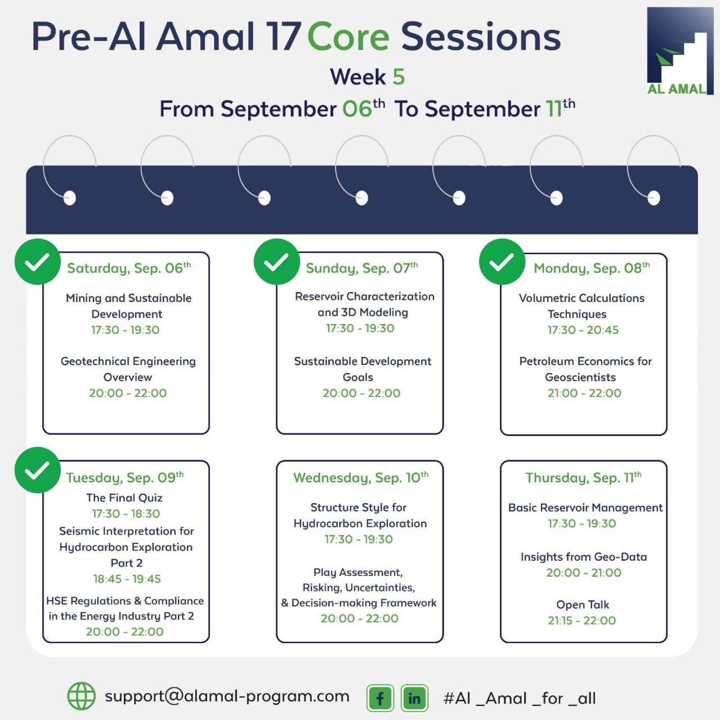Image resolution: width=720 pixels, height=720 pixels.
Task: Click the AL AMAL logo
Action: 679,51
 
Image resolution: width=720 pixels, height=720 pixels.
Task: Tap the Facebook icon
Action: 380,698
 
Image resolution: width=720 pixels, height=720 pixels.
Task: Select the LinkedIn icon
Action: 414,698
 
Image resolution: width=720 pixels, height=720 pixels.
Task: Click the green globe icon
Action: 81,696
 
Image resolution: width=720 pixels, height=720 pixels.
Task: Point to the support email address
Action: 227,696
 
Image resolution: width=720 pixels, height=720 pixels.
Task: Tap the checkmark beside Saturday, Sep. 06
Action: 37,262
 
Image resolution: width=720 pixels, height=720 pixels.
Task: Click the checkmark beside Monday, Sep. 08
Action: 502,262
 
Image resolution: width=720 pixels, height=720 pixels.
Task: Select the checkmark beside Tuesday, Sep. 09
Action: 37,470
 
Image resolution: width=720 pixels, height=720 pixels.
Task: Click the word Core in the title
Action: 348,37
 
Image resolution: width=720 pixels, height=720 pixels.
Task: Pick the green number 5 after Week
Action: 399,76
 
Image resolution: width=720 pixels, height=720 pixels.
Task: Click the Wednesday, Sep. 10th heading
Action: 360,478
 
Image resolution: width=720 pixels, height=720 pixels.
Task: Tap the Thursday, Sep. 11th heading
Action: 583,478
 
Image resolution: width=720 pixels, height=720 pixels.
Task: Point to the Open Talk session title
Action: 582,605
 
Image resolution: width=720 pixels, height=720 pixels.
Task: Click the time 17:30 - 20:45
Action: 583,330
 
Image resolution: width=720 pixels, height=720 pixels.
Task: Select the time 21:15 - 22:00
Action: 582,620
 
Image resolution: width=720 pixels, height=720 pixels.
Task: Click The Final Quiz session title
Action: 124,498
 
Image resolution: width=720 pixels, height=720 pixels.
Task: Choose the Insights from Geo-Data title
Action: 583,557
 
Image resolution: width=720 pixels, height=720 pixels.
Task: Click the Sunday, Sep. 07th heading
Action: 361,268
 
